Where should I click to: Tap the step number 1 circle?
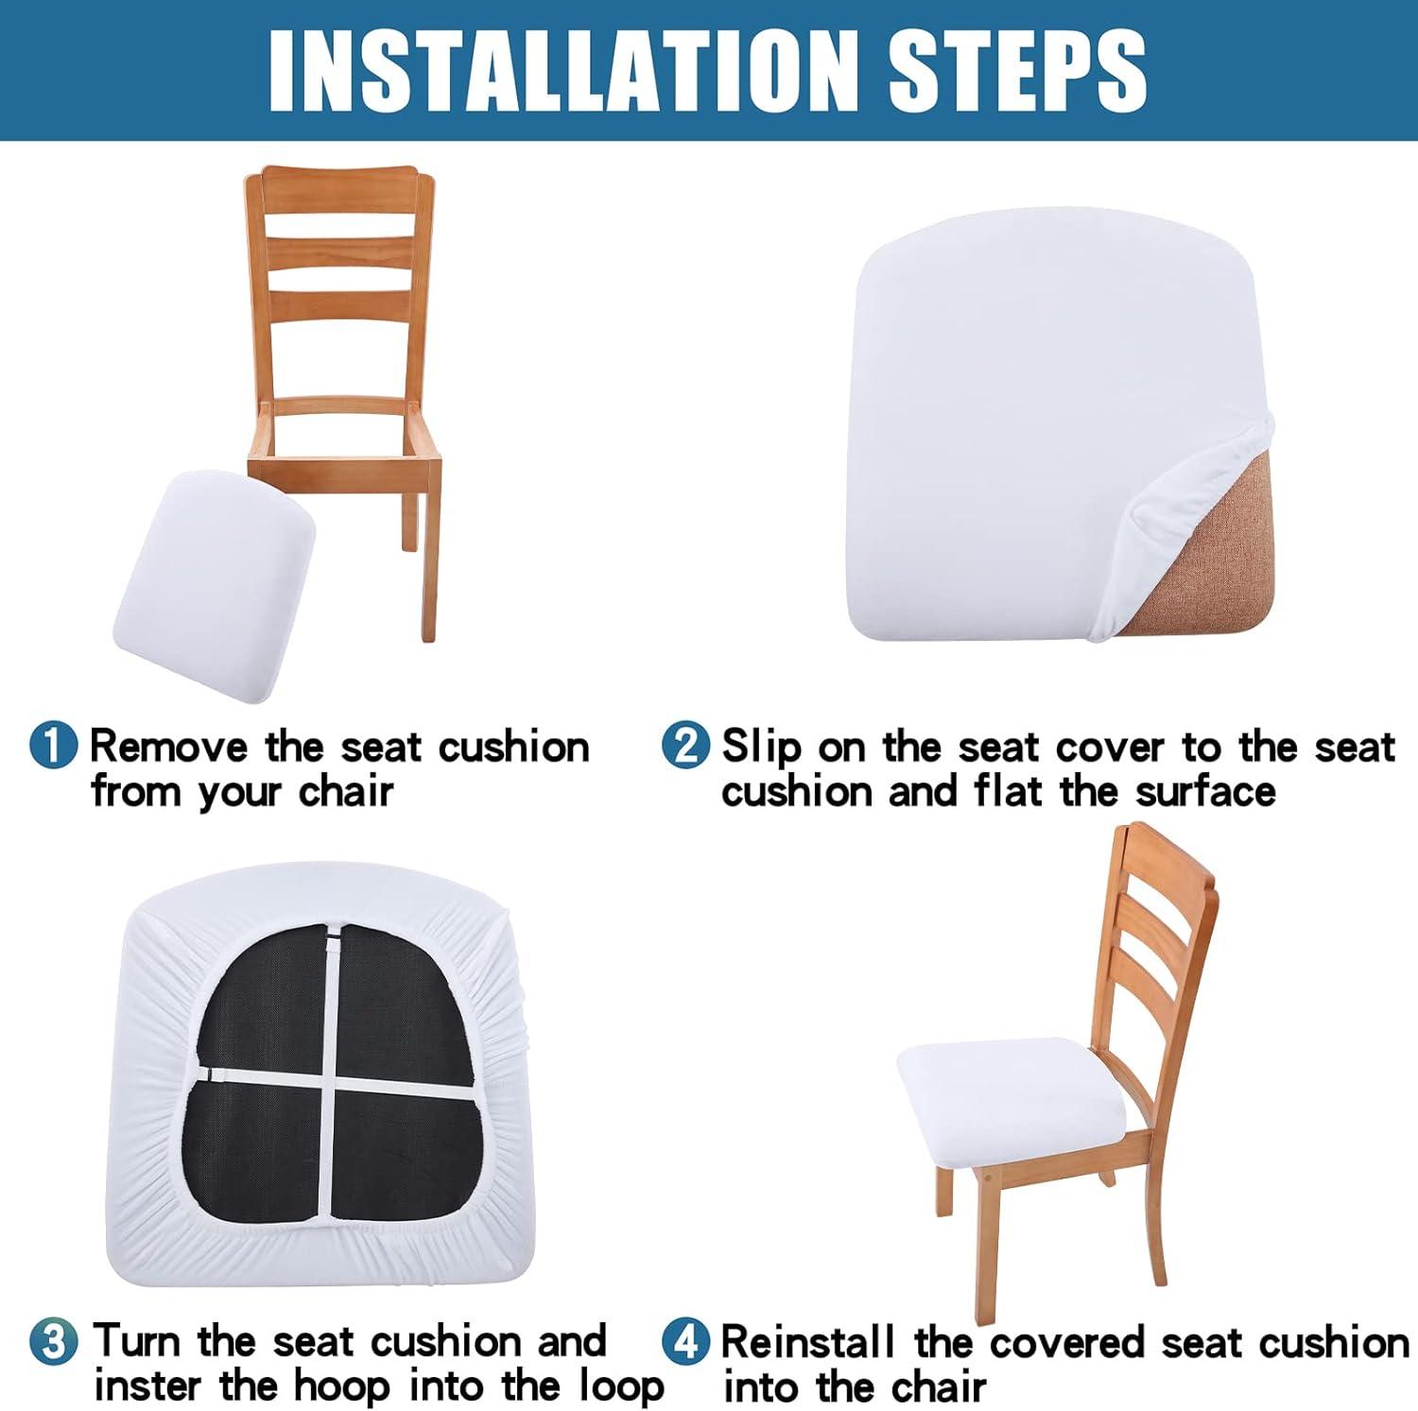(54, 746)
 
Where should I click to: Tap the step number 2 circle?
(685, 746)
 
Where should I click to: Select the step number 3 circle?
(54, 1342)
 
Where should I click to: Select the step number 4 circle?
(685, 1342)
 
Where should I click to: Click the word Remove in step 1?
(168, 747)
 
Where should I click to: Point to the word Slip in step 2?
(761, 749)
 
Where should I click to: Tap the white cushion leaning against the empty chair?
(214, 586)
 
